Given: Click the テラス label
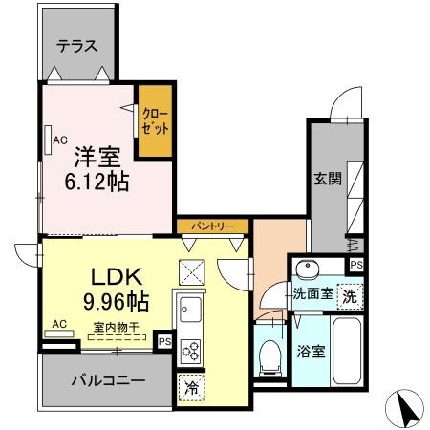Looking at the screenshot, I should tap(76, 45).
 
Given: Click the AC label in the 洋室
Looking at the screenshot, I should tap(59, 141).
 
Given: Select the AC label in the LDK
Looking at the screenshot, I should tap(59, 324).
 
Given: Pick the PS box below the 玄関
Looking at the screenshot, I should tap(355, 265).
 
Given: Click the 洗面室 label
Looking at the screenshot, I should tap(312, 294).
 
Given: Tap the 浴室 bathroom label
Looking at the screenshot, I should tap(312, 351).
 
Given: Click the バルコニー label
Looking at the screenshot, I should tap(109, 380).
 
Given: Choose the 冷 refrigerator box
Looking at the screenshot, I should tap(191, 388).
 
